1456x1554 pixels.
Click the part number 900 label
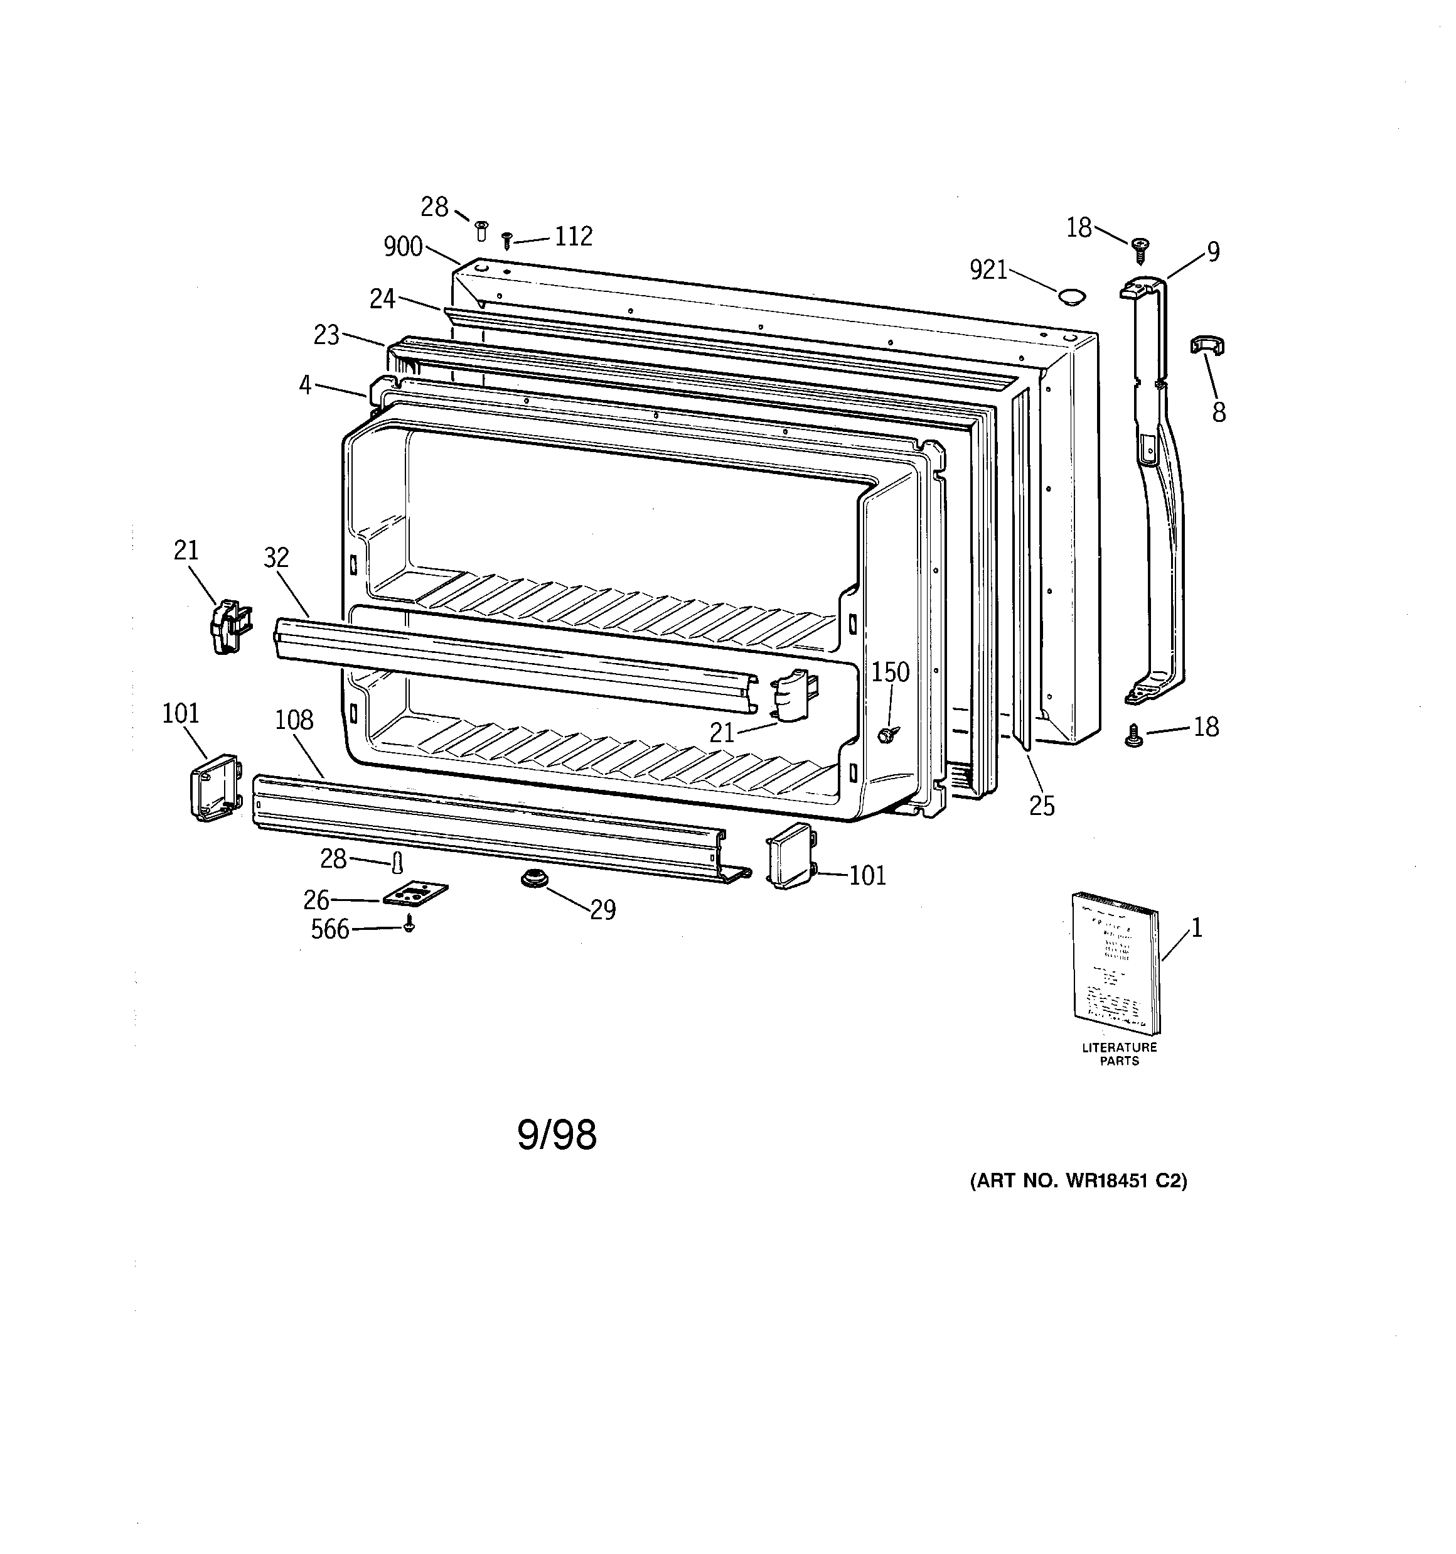(402, 247)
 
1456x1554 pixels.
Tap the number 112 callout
(573, 236)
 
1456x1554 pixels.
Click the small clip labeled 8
(1207, 345)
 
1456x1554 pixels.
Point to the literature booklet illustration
(1116, 964)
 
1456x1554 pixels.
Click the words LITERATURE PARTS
(1119, 1054)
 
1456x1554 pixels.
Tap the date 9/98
(557, 1135)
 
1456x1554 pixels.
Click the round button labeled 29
(534, 878)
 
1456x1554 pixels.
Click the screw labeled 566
(410, 925)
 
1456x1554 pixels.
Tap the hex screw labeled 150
(886, 734)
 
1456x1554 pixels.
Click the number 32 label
(277, 558)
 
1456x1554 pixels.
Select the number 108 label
(294, 720)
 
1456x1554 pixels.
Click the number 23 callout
(327, 335)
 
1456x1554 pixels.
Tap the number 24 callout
(382, 299)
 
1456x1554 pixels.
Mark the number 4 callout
(305, 385)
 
